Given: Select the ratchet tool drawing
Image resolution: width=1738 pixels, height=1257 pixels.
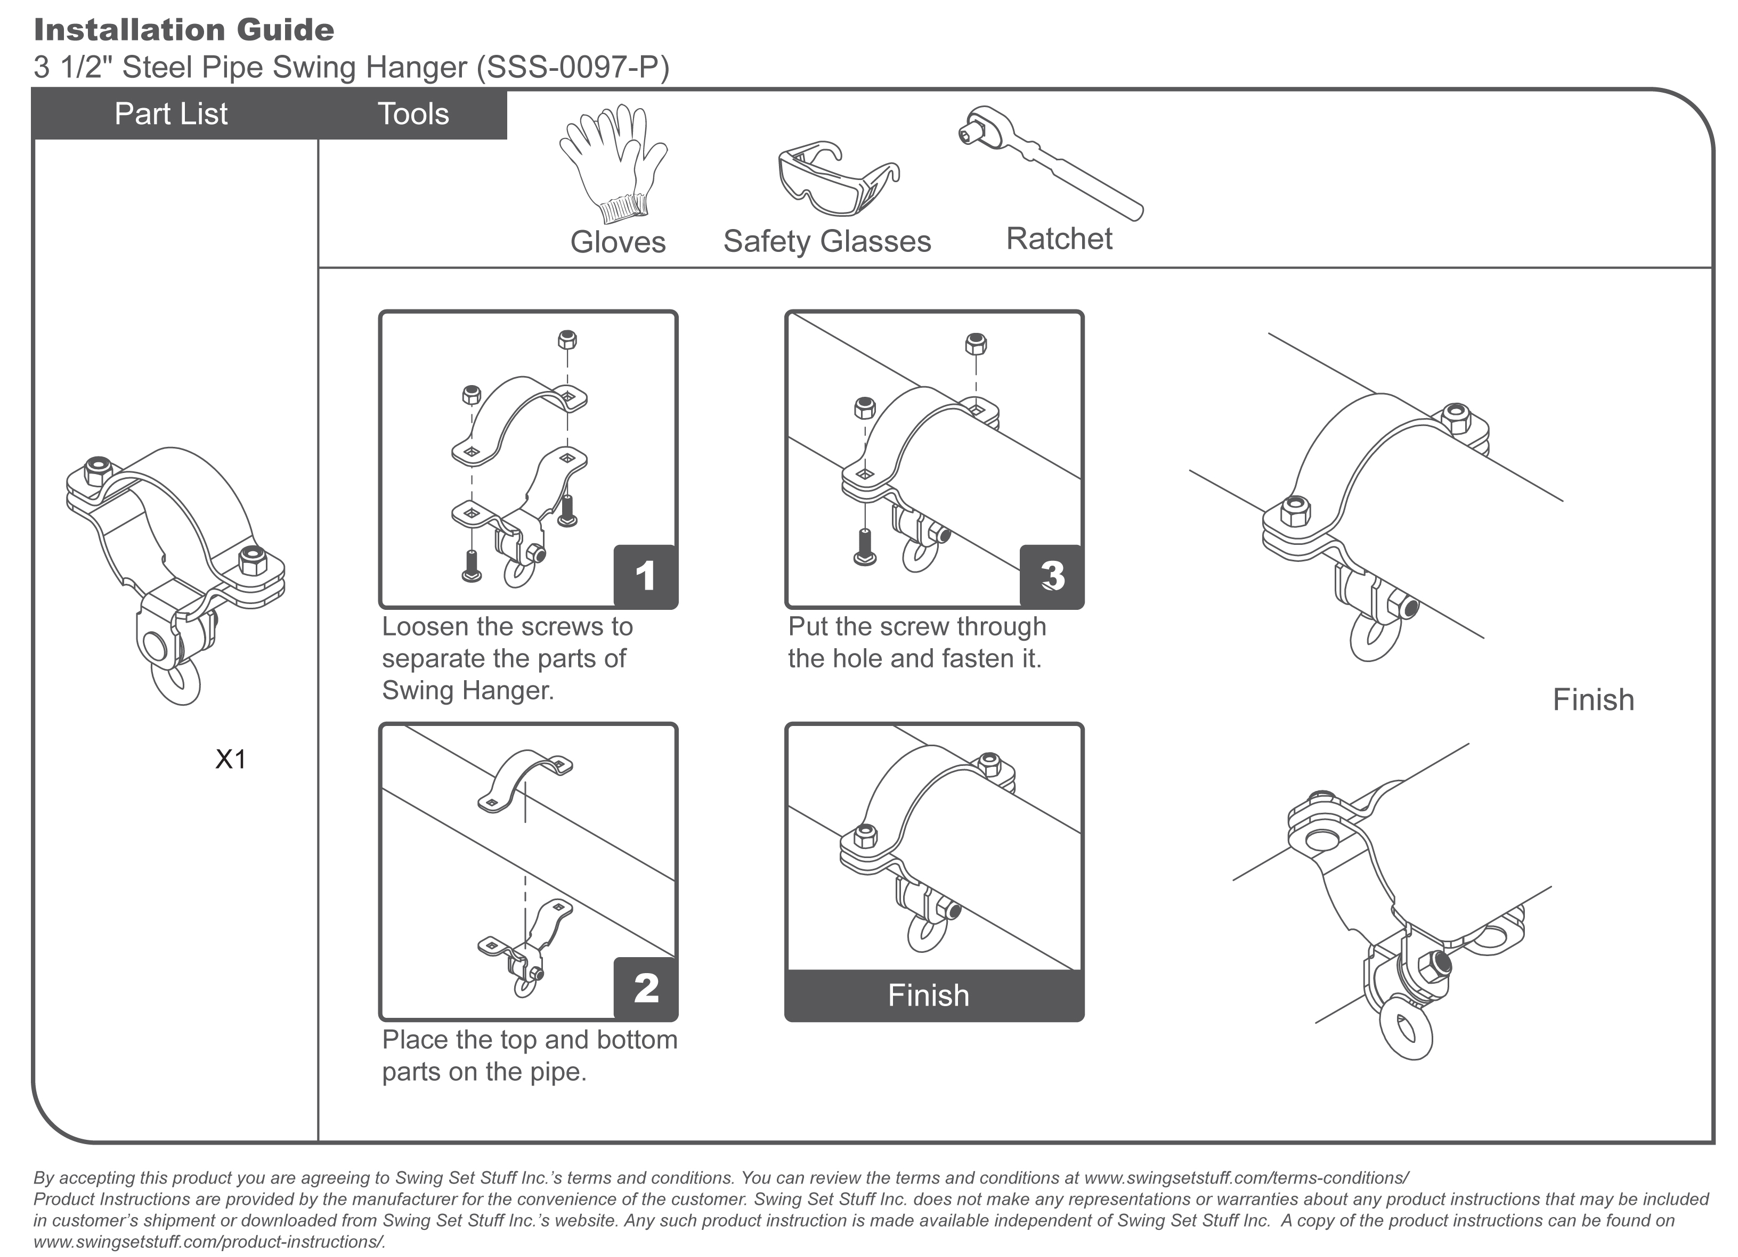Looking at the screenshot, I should pos(1050,161).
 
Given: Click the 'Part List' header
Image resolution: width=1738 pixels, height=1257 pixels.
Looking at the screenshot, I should pos(171,114).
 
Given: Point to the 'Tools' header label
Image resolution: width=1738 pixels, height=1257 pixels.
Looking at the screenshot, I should pos(413,114).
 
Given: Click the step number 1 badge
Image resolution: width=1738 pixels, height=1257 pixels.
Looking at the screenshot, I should pos(645,576).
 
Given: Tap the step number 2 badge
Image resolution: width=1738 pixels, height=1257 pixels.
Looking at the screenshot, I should pos(645,988).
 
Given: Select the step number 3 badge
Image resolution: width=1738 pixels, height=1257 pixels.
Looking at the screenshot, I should pos(1051,576).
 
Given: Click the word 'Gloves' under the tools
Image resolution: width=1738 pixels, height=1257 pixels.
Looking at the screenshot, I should pos(618,242).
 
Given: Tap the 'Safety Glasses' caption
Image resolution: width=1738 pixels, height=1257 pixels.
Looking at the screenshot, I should pos(827,241).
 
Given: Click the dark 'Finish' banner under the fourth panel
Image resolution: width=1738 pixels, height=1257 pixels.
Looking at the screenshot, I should pos(929,995).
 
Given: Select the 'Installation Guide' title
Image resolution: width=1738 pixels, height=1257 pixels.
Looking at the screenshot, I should pos(184,30).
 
